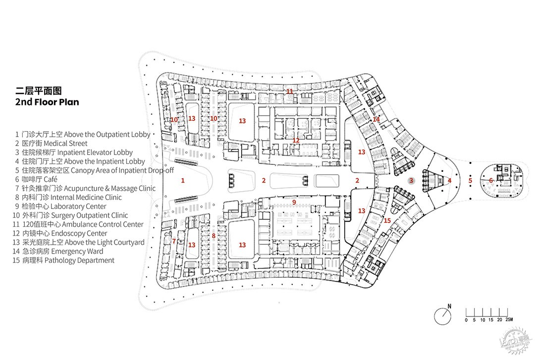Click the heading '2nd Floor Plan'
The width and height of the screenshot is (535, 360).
pos(47,102)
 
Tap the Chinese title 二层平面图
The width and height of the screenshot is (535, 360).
pos(39,91)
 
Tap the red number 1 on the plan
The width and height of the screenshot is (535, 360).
pos(183,181)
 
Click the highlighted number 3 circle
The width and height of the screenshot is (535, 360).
pos(412,181)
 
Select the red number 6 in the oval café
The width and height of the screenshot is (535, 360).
pos(491,181)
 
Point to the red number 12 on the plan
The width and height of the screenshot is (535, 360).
pos(296,141)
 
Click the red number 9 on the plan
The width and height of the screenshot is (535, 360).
pos(294,203)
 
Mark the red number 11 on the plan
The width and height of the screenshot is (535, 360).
pos(290,92)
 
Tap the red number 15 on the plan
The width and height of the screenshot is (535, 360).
pos(387,221)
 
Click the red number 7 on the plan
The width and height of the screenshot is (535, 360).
pos(174,241)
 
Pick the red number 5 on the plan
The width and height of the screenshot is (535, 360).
pos(470,181)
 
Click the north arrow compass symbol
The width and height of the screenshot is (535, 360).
pos(443,315)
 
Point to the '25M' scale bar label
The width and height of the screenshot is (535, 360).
pos(509,320)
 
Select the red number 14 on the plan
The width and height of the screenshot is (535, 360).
pos(376,119)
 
